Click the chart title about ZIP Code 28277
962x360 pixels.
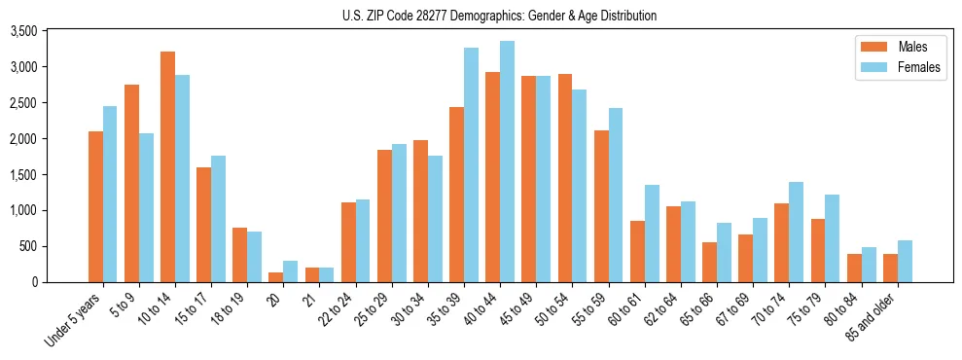(499, 16)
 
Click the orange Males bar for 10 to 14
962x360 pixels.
(167, 166)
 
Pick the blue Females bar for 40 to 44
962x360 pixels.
(507, 162)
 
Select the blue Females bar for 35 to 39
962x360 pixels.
(471, 164)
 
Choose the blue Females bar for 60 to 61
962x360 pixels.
(652, 234)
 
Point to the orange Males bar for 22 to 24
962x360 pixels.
(348, 242)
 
